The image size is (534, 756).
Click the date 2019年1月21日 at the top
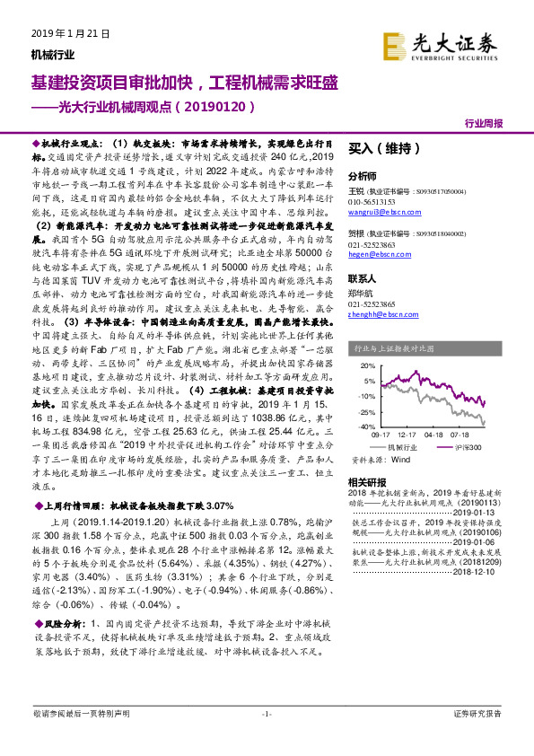coord(69,33)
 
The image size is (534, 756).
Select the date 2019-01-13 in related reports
coord(480,514)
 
